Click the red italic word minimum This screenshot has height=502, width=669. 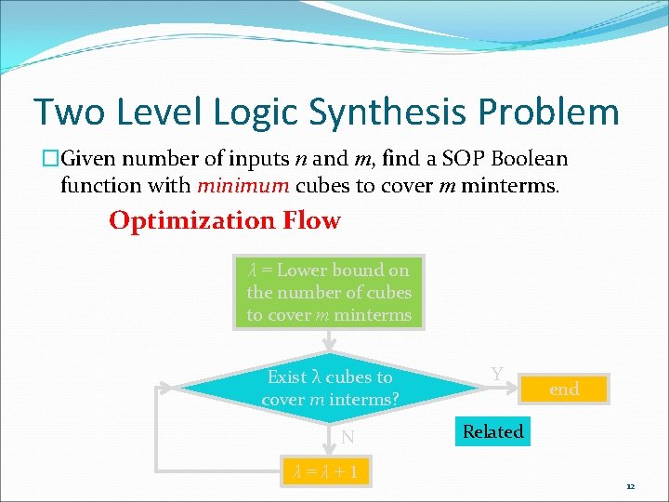click(243, 186)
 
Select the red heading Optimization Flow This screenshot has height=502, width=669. click(225, 221)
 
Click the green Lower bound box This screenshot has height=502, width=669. click(329, 292)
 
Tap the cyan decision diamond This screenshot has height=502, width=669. click(329, 389)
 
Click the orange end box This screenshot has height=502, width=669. click(564, 390)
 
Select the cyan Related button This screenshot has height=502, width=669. click(493, 431)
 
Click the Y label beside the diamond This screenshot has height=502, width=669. click(497, 374)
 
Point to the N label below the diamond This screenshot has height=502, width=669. click(347, 437)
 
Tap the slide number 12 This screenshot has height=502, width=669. click(630, 486)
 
